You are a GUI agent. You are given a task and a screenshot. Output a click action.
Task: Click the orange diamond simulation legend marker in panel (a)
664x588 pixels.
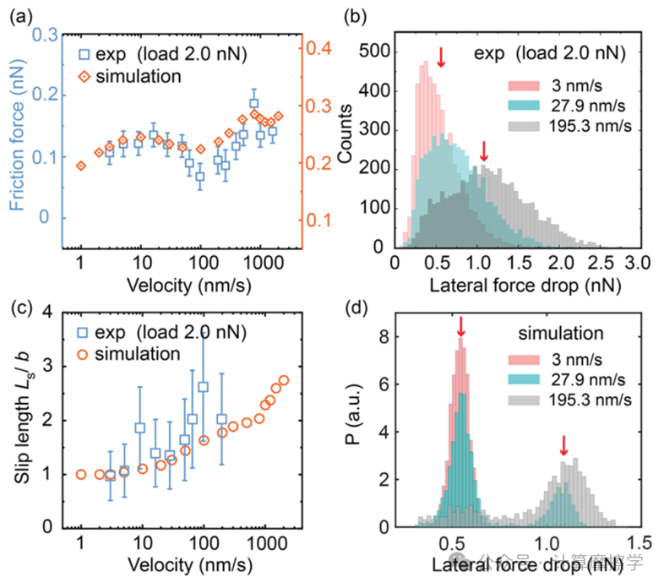[x=84, y=75]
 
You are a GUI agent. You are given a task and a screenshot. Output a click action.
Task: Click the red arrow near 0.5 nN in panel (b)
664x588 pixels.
[x=440, y=57]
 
